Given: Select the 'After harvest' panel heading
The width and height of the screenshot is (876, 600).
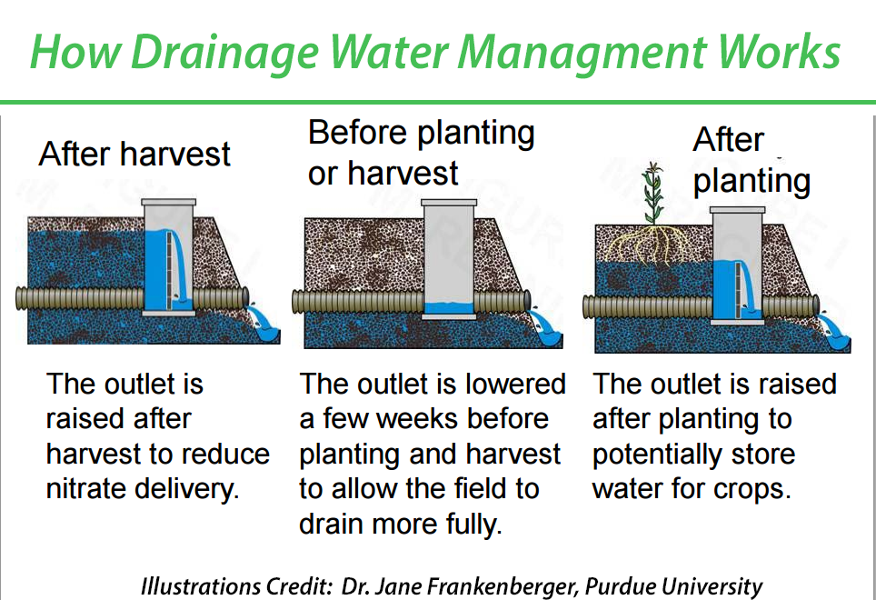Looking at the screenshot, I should pos(134,154).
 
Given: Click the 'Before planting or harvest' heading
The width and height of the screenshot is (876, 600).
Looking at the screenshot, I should pos(420,152).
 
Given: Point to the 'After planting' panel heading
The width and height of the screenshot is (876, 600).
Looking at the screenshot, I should pos(751,161).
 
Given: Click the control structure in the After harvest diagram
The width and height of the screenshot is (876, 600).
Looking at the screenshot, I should pos(170,257).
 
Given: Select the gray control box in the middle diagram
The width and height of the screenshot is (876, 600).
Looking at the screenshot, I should pos(450,259).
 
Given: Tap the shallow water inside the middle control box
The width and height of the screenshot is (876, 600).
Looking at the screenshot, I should pos(450,308).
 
